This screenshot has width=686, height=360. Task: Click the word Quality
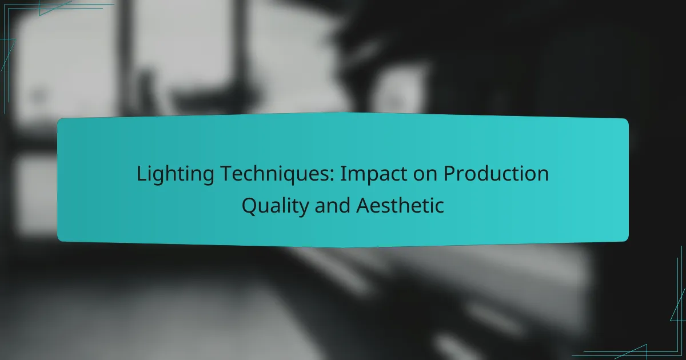click(x=275, y=205)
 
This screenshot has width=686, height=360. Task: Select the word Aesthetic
click(x=400, y=205)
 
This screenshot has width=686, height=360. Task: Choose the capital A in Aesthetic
click(x=363, y=205)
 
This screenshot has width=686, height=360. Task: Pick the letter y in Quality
click(x=303, y=207)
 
